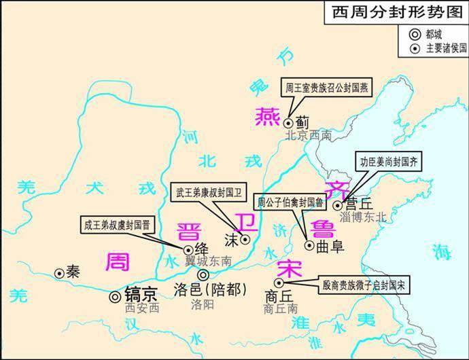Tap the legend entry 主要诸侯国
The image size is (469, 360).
436,47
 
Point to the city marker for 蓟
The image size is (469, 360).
288,123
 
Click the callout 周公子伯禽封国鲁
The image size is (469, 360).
289,202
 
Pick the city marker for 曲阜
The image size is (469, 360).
309,246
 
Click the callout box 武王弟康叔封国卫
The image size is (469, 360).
206,192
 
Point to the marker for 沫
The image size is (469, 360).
246,239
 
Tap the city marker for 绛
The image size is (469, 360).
188,250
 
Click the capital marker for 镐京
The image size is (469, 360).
115,296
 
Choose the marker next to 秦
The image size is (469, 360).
60,273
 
